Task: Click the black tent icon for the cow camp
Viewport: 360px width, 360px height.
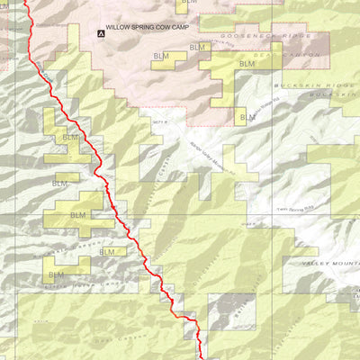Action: point(100,33)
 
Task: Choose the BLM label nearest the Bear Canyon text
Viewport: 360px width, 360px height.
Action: point(247,64)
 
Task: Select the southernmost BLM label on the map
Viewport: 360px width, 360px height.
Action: point(56,274)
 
